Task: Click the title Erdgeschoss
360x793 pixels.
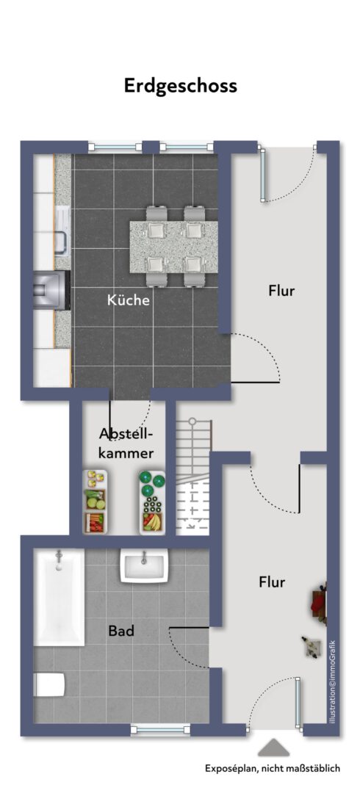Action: pos(180,86)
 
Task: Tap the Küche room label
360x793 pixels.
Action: pos(129,300)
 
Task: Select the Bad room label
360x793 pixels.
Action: pos(120,630)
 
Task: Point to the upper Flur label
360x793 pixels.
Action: pos(281,291)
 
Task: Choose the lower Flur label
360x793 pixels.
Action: pos(272,582)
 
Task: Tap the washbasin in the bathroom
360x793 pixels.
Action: pos(144,567)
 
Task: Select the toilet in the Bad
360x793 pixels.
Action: pos(49,685)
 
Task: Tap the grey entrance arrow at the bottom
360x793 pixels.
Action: pos(275,747)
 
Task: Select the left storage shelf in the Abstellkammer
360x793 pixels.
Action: pos(94,502)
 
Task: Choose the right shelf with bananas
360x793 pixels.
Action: pos(153,502)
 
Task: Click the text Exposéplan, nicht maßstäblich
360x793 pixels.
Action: pos(272,769)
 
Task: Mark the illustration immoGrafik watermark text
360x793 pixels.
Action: pos(333,682)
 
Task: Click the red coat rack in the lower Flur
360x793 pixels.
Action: pos(320,602)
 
